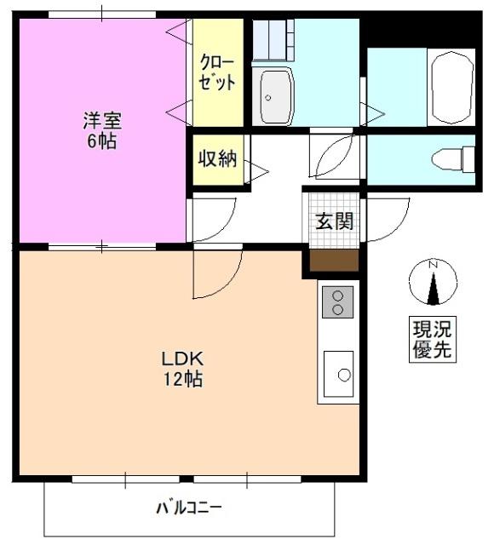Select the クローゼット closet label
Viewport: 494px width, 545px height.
[x=217, y=73]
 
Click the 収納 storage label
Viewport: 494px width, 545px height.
[x=217, y=159]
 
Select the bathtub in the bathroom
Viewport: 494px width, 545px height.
[x=450, y=88]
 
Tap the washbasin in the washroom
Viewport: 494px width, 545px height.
[x=276, y=96]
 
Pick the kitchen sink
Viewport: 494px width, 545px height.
[x=340, y=373]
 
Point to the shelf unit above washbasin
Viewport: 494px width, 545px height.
[x=273, y=38]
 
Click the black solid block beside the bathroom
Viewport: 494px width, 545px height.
[x=420, y=29]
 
